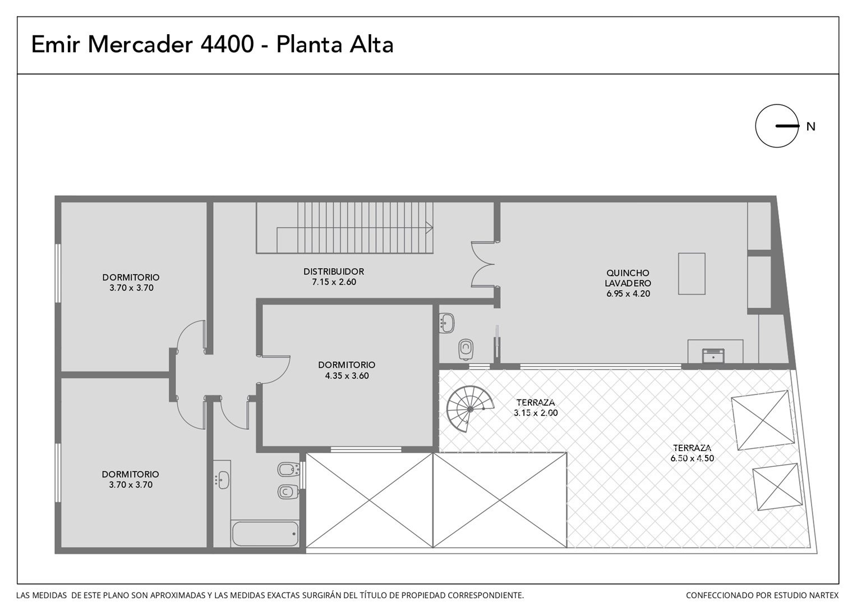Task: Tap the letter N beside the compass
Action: [810, 127]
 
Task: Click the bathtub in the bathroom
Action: [265, 534]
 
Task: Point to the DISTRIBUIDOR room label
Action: [334, 272]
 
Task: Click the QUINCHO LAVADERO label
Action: [628, 278]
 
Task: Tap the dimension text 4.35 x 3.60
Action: [347, 375]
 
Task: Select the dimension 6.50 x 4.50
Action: [692, 458]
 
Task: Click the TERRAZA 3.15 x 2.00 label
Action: [536, 407]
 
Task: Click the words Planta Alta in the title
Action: [335, 44]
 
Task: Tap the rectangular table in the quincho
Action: [692, 274]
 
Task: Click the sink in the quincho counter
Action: [713, 356]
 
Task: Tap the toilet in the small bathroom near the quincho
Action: [466, 349]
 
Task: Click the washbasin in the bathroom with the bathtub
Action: [223, 480]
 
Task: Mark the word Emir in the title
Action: [56, 44]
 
